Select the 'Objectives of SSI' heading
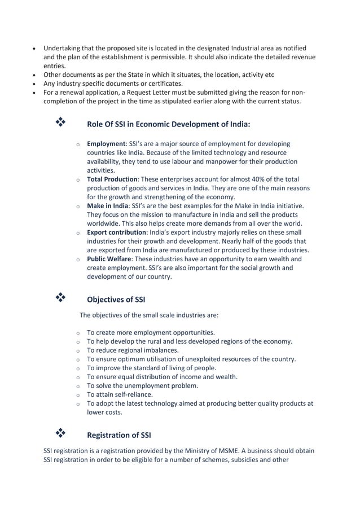click(116, 300)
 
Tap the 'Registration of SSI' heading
click(119, 435)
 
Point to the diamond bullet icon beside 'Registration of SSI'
click(59, 433)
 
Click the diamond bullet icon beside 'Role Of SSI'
click(59, 122)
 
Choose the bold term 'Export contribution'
click(116, 232)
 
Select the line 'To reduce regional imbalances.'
click(133, 350)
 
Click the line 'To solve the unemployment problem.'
click(142, 385)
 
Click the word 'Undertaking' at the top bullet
click(63, 48)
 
